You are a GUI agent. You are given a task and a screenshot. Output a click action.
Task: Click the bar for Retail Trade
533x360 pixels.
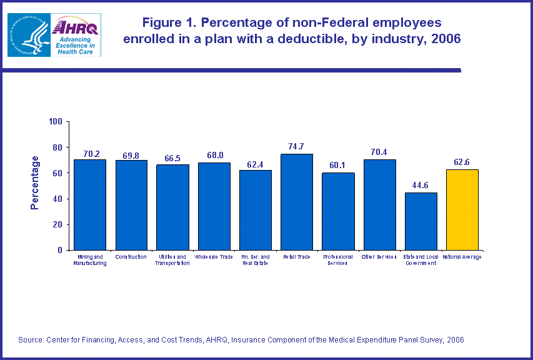tap(296, 202)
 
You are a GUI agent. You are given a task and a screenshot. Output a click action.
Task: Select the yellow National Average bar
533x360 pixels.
tap(462, 209)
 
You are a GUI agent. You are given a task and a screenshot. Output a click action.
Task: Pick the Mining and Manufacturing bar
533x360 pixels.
tap(90, 204)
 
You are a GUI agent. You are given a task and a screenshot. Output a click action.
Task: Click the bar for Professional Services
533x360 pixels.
tap(338, 211)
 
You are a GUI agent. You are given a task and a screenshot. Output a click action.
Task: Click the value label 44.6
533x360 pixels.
tap(421, 186)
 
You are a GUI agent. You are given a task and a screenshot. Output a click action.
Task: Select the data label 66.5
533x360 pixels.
tap(173, 157)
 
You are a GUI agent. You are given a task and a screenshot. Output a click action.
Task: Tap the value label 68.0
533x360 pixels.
tap(214, 156)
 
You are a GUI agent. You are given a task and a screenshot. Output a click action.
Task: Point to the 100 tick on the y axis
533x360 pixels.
tap(56, 121)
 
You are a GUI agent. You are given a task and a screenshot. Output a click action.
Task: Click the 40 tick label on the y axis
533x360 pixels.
tap(57, 199)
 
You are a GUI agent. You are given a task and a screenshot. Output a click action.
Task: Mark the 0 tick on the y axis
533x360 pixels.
tap(60, 250)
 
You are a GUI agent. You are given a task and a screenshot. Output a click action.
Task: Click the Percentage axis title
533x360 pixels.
tap(35, 182)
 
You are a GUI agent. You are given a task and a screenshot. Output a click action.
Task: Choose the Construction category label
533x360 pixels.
tap(131, 257)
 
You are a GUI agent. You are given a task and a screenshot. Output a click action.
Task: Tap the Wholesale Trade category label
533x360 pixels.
tap(214, 257)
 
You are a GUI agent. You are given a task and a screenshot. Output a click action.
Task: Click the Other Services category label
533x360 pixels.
tap(379, 257)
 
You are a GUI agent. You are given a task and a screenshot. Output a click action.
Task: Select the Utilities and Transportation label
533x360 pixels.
tap(172, 260)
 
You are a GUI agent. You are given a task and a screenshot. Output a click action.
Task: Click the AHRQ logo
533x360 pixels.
tap(74, 34)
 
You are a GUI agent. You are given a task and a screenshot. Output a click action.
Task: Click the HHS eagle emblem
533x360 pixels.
tap(27, 35)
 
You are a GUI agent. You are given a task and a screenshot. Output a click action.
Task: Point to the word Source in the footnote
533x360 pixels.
tap(31, 339)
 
